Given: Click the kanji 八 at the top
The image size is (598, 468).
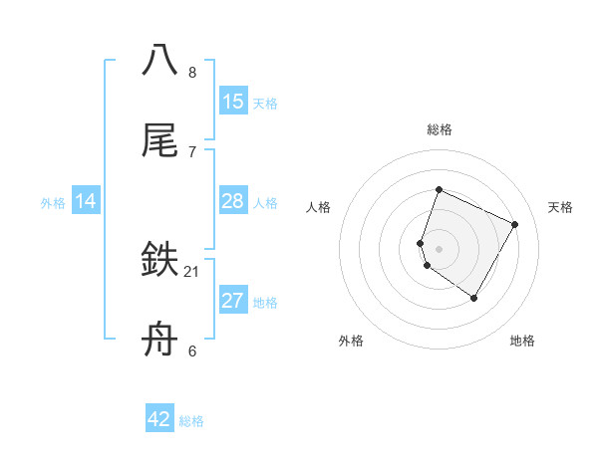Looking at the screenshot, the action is tap(160, 60).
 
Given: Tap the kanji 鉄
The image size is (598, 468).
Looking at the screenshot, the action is tap(160, 262).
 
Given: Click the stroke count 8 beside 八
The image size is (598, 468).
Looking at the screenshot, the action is tap(192, 73).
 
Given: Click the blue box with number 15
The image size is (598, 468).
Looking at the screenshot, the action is tap(232, 102).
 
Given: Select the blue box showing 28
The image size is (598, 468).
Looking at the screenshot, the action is tap(232, 202).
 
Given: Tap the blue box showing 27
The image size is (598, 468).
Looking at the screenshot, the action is tap(232, 301).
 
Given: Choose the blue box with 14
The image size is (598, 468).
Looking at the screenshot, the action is tap(86, 202).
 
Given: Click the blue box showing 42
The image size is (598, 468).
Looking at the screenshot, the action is tap(159, 419).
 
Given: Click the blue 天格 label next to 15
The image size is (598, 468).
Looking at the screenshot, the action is tap(265, 104).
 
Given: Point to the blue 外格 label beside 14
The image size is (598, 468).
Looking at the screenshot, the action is tap(53, 203).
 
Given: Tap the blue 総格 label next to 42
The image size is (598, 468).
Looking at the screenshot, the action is tap(192, 421).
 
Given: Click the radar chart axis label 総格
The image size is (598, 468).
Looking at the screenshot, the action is tap(440, 129).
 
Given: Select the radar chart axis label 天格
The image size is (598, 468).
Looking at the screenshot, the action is tap(560, 207).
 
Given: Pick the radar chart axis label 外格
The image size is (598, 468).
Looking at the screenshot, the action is tap(351, 342).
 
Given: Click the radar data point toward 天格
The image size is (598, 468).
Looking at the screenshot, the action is tap(515, 224).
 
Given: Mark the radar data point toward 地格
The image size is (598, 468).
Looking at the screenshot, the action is tap(474, 298).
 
